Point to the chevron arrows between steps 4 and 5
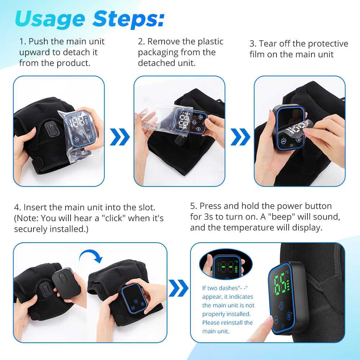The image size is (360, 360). point(179,288)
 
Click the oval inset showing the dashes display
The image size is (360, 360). point(226,264)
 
